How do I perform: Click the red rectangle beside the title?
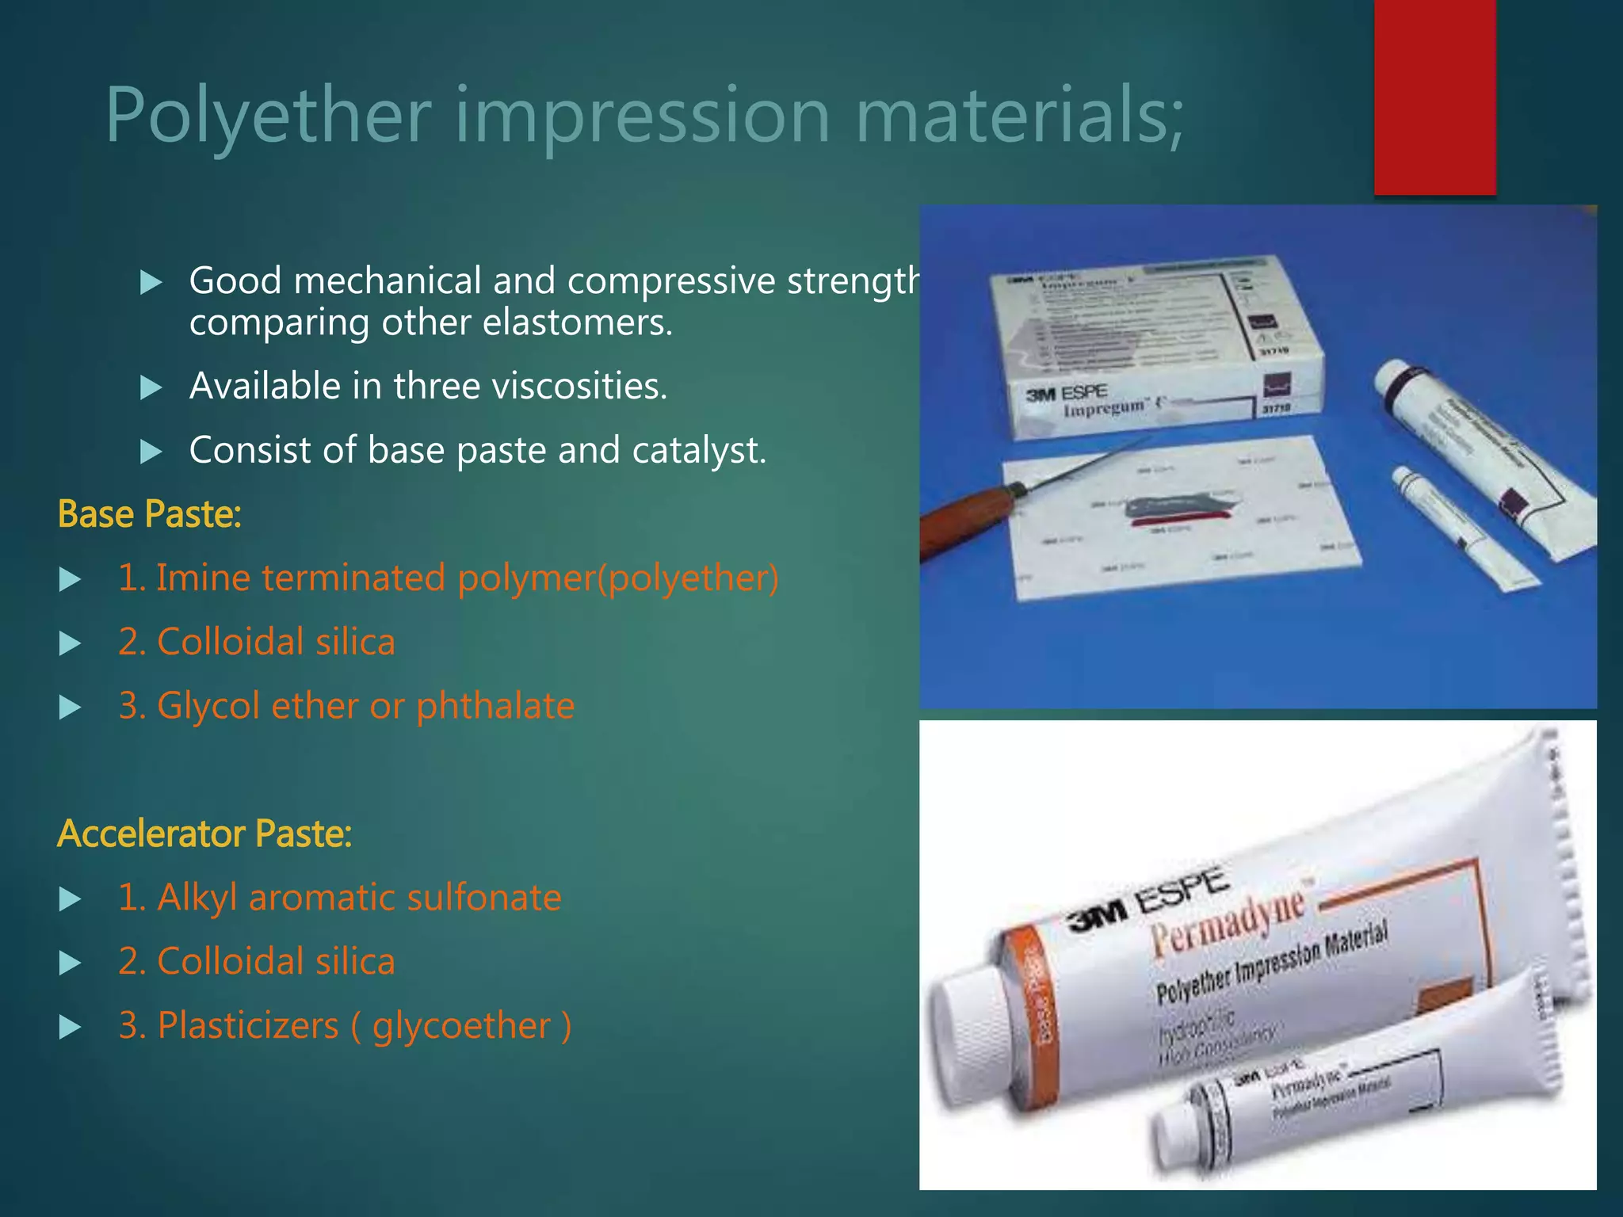(1434, 97)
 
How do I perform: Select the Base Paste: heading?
(149, 514)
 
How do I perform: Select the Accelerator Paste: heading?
(204, 834)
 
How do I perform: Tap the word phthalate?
(495, 706)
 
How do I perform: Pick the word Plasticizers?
(248, 1026)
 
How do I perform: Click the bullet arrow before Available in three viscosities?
(151, 387)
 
